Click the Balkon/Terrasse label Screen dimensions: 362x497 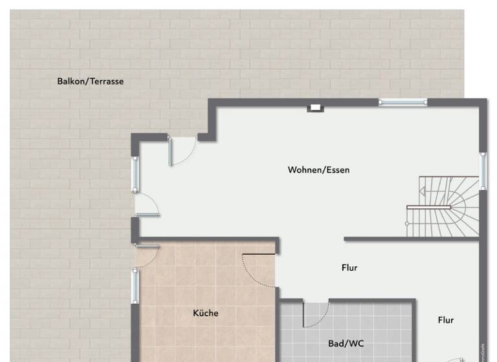tap(90, 81)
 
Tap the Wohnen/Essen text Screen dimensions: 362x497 tap(318, 170)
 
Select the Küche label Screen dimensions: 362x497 tap(206, 313)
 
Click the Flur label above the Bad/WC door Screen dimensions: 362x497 tap(349, 268)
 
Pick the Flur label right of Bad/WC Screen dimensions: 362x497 tap(445, 320)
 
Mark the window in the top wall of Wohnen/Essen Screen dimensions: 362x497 tap(403, 101)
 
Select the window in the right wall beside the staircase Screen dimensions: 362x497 tap(482, 171)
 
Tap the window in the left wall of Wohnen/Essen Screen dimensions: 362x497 tap(135, 174)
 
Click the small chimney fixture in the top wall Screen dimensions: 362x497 tap(316, 107)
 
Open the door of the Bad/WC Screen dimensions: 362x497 tap(316, 314)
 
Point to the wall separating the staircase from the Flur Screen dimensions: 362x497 tap(411, 239)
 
